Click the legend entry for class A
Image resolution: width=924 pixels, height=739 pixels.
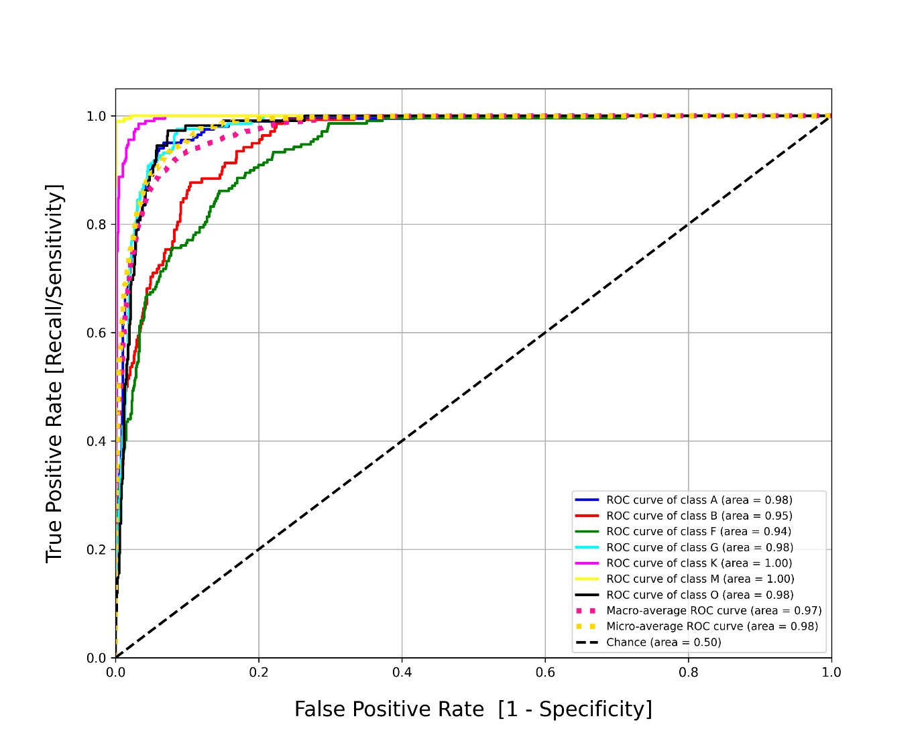point(683,500)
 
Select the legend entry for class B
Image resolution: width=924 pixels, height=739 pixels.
point(683,516)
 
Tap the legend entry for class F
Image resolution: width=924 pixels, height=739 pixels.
point(683,532)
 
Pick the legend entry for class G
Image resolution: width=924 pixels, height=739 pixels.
point(684,547)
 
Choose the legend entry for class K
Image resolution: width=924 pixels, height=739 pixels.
point(683,563)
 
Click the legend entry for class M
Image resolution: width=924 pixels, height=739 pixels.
point(685,579)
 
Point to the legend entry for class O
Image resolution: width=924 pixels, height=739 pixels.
point(684,595)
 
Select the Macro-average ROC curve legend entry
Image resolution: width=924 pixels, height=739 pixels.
point(698,611)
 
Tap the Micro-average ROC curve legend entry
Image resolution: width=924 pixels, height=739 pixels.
point(697,626)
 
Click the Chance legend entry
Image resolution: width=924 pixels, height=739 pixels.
point(648,642)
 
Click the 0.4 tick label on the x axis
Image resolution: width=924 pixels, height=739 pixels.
point(402,673)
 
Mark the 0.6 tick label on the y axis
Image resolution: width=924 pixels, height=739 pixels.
point(96,333)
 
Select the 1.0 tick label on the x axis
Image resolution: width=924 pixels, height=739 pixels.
point(831,673)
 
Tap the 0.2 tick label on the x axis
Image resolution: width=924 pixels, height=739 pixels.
point(258,673)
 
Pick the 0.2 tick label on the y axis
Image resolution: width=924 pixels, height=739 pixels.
point(96,550)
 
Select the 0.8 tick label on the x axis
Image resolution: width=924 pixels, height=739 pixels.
point(688,673)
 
